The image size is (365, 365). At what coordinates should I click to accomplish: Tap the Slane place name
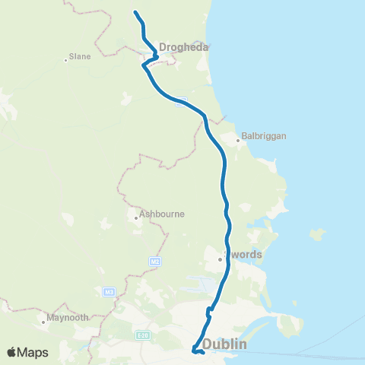[x=80, y=56]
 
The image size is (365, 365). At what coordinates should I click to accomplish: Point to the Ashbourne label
[x=163, y=214]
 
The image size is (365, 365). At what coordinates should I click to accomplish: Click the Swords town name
[x=246, y=255]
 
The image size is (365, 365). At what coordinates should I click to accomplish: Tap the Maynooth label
[x=68, y=317]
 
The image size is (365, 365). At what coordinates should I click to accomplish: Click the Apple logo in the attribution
[x=11, y=352]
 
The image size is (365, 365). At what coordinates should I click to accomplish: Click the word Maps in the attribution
[x=33, y=352]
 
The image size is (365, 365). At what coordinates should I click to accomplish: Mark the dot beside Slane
[x=66, y=59]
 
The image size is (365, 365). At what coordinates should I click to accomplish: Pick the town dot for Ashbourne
[x=136, y=217]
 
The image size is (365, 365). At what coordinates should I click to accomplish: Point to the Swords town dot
[x=220, y=259]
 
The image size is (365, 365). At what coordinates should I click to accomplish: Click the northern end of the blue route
[x=135, y=12]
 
